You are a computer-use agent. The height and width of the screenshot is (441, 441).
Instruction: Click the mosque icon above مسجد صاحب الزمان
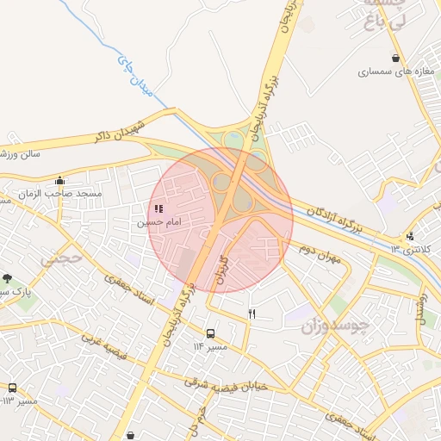tap(59, 181)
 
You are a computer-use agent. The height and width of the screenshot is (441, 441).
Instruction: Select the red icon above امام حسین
tap(158, 208)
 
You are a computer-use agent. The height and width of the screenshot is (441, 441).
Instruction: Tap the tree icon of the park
tap(8, 278)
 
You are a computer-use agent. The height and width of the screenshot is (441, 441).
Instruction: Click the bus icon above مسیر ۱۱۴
tap(210, 333)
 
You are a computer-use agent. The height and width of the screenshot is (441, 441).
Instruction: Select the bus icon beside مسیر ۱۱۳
tap(12, 388)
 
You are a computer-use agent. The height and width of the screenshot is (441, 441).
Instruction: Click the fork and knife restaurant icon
tap(252, 314)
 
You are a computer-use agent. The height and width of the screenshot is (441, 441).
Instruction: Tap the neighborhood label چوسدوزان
tap(338, 326)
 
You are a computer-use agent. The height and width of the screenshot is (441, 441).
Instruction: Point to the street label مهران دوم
tap(320, 252)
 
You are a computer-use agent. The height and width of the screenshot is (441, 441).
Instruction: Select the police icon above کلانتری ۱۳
tap(411, 235)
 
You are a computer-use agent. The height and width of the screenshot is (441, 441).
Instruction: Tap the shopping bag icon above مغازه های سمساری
tap(395, 59)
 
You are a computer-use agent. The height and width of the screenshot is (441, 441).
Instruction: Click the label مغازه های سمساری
tap(393, 72)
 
